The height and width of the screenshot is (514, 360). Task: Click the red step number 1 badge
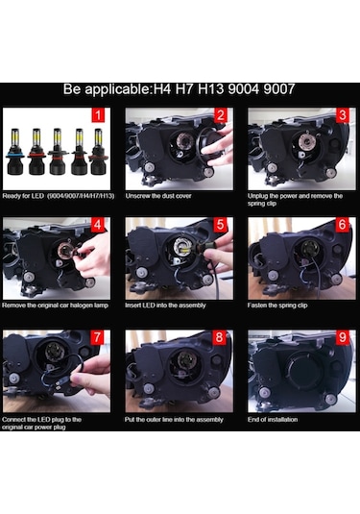[x=98, y=115]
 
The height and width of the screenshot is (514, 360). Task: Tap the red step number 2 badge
[x=220, y=115]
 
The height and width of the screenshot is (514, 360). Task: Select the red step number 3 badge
[x=343, y=115]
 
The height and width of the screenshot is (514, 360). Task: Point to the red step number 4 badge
[x=97, y=225]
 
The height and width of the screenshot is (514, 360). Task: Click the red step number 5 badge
[x=220, y=225]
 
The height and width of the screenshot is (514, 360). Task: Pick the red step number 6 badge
[x=343, y=225]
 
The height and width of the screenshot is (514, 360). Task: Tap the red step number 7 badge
[x=97, y=337]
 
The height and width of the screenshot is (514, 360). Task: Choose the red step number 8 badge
[x=220, y=337]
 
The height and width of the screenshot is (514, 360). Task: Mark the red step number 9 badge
[x=343, y=337]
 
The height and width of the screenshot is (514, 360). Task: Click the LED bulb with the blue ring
[x=15, y=152]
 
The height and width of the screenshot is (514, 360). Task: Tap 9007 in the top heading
[x=279, y=89]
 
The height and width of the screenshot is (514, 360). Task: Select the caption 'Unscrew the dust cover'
[x=158, y=196]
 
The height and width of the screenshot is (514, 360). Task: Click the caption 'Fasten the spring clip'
[x=277, y=306]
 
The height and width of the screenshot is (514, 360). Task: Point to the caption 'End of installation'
[x=273, y=420]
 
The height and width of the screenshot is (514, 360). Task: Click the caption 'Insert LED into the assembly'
[x=165, y=306]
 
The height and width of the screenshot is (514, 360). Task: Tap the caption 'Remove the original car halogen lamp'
[x=55, y=306]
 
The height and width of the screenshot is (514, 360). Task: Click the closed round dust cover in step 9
[x=302, y=370]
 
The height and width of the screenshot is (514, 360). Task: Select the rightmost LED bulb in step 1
[x=98, y=152]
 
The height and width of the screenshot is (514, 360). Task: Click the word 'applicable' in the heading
[x=118, y=89]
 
